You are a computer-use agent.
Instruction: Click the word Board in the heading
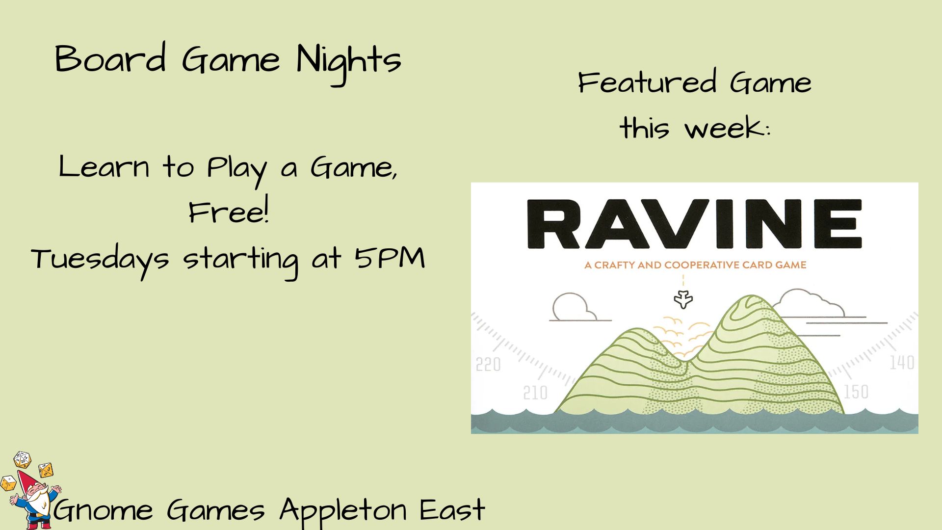[110, 58]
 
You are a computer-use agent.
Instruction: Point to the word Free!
[229, 212]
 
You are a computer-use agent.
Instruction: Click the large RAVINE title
[694, 224]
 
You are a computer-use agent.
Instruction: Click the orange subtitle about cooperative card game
[695, 265]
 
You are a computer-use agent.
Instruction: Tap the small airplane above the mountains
[683, 299]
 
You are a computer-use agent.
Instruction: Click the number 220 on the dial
[488, 365]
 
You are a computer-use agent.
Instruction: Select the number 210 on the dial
[535, 393]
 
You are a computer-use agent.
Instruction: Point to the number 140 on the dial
[902, 363]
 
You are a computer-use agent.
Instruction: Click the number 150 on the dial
[856, 392]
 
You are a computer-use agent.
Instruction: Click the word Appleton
[343, 511]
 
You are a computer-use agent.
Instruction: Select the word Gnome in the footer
[104, 510]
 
